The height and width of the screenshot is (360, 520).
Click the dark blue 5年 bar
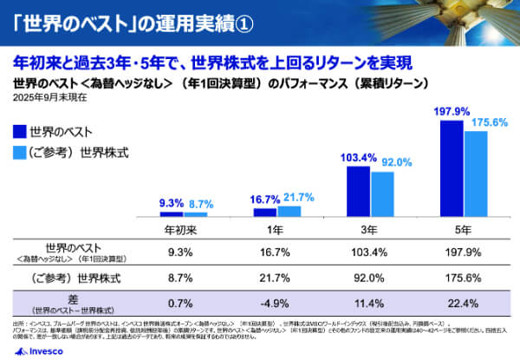click(x=452, y=168)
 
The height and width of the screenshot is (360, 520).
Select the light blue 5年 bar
click(x=476, y=173)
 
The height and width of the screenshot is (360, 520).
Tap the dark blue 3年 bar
click(x=359, y=191)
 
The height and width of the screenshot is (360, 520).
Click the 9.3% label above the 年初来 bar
click(x=171, y=203)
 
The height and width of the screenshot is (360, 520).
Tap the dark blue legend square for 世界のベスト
click(x=19, y=132)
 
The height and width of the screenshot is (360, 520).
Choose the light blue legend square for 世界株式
click(x=19, y=153)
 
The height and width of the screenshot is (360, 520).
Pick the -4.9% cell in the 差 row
click(x=276, y=303)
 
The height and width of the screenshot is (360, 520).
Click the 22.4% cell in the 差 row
click(x=463, y=303)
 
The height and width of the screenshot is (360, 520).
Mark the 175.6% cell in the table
click(x=463, y=278)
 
